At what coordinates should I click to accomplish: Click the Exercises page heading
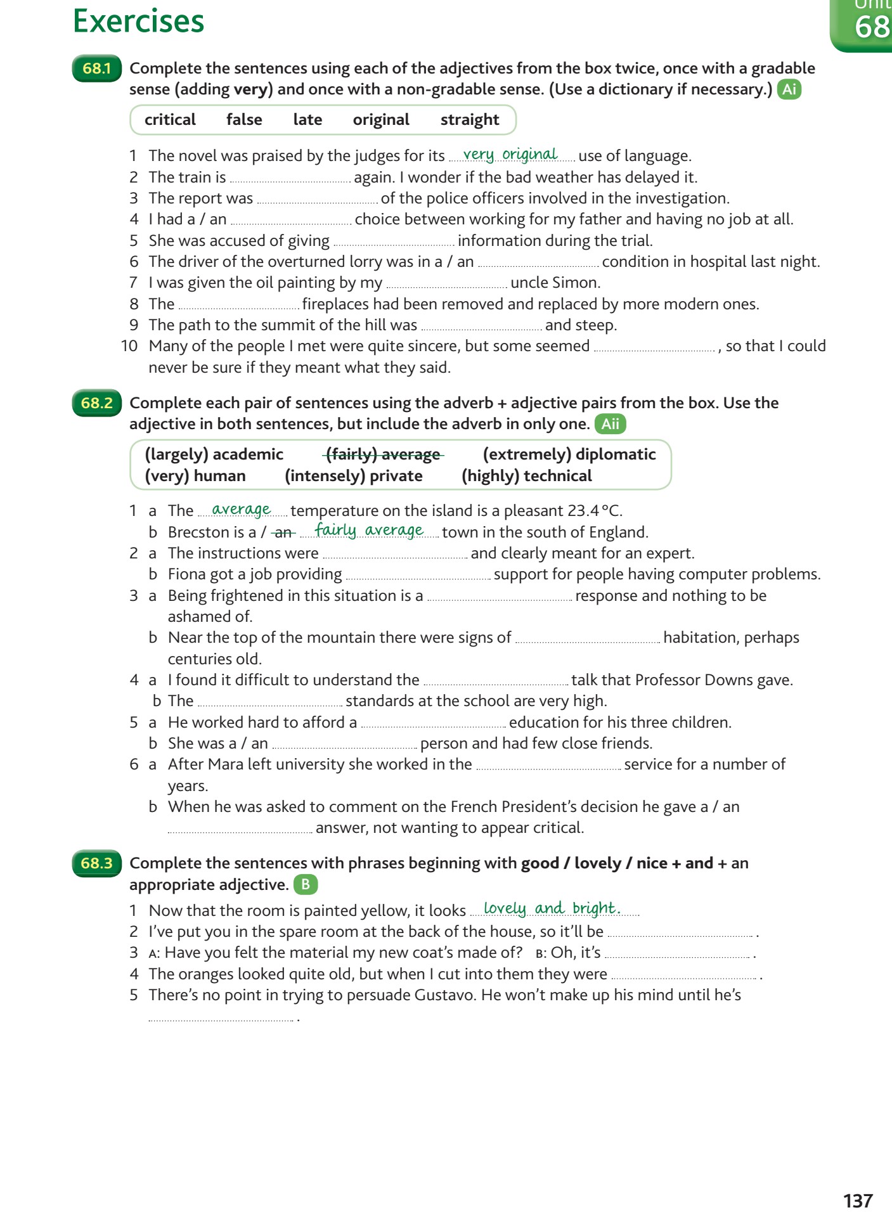pyautogui.click(x=138, y=21)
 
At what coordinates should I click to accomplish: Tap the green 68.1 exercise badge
pyautogui.click(x=96, y=68)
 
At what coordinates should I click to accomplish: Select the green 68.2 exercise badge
pyautogui.click(x=96, y=403)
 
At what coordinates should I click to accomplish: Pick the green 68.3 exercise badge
pyautogui.click(x=96, y=863)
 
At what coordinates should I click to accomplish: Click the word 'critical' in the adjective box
pyautogui.click(x=170, y=120)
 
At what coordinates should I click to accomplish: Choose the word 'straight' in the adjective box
pyautogui.click(x=470, y=120)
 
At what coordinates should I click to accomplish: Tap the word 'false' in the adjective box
pyautogui.click(x=244, y=120)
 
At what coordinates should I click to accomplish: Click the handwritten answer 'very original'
pyautogui.click(x=510, y=155)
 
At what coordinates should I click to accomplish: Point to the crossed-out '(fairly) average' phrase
pyautogui.click(x=383, y=454)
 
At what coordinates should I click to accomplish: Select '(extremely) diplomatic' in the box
pyautogui.click(x=569, y=454)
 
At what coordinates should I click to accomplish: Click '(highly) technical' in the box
pyautogui.click(x=527, y=476)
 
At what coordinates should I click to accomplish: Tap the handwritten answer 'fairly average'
pyautogui.click(x=369, y=531)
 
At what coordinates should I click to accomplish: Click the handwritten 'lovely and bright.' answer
pyautogui.click(x=552, y=909)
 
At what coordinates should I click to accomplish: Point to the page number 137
pyautogui.click(x=858, y=1201)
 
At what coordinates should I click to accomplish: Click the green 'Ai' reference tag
pyautogui.click(x=789, y=89)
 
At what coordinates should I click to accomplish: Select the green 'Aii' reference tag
pyautogui.click(x=610, y=424)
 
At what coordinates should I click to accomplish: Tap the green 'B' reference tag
pyautogui.click(x=306, y=885)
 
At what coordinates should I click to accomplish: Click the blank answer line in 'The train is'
pyautogui.click(x=290, y=179)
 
